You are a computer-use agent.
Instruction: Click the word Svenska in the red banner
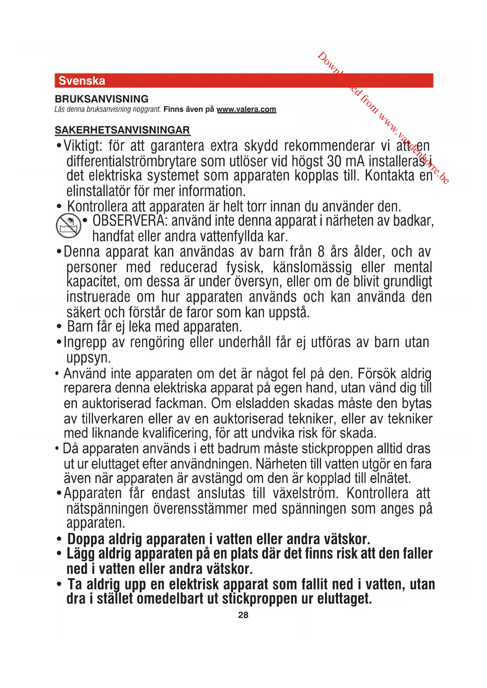(82, 81)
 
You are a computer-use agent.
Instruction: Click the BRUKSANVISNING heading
(102, 99)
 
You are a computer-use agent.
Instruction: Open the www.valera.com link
(246, 109)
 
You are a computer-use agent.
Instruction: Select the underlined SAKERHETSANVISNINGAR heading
(122, 130)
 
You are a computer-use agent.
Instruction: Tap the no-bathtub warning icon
(68, 226)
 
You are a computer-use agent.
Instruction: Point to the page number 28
(243, 615)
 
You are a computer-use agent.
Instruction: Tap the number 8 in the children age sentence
(321, 252)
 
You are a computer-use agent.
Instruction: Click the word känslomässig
(312, 268)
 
